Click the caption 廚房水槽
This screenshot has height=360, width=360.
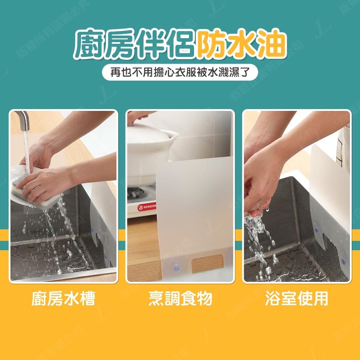coord(63,299)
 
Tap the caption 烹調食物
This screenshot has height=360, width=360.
coord(180,299)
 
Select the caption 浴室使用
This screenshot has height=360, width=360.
coord(297,299)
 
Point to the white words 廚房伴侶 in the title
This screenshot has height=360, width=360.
coord(134,45)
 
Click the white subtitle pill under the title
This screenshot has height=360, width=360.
coord(180,73)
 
